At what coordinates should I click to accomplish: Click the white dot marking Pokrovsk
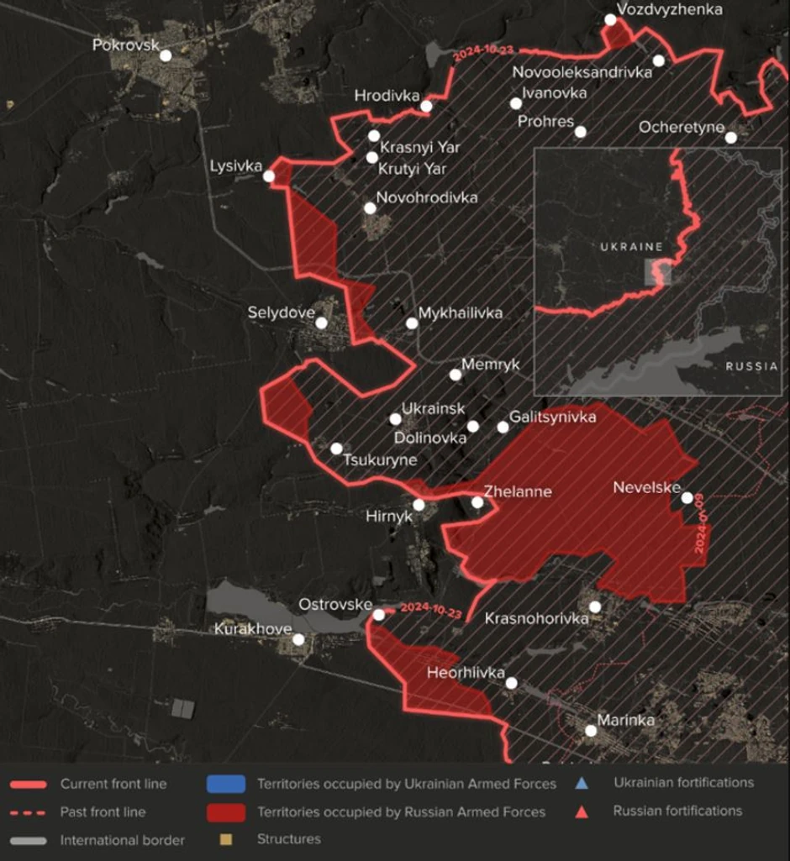(x=166, y=55)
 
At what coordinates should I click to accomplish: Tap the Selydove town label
(x=281, y=312)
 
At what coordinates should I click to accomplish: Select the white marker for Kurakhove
(x=298, y=639)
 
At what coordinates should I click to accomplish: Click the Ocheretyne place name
(x=682, y=127)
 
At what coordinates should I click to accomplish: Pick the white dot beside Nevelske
(x=687, y=498)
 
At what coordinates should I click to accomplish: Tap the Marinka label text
(x=625, y=720)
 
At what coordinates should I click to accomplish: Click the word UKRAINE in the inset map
(x=632, y=247)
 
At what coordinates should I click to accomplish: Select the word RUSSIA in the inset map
(x=752, y=366)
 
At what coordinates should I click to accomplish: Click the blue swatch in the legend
(x=225, y=784)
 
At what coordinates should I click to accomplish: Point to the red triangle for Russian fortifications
(x=581, y=811)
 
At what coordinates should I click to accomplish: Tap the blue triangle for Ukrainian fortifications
(x=581, y=783)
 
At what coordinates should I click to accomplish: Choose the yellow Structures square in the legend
(x=224, y=838)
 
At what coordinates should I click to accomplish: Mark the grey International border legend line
(x=29, y=840)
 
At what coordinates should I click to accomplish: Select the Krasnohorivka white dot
(x=595, y=606)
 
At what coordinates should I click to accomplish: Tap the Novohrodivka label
(x=427, y=198)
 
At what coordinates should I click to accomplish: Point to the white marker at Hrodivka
(x=426, y=106)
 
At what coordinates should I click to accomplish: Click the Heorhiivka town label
(x=466, y=673)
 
